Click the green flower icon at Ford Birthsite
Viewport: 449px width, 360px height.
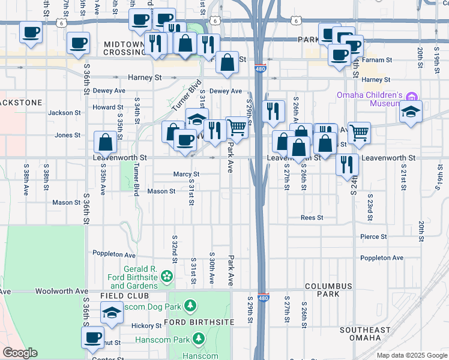(x=167, y=276)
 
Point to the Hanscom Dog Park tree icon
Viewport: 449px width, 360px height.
(x=190, y=307)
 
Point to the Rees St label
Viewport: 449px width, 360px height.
(x=312, y=218)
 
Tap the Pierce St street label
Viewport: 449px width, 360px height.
(x=374, y=236)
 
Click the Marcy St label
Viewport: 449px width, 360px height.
(x=186, y=174)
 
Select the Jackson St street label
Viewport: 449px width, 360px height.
(x=64, y=113)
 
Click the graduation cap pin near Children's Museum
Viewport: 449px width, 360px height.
(x=411, y=112)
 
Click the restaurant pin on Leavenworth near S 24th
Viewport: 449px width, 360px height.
(x=347, y=164)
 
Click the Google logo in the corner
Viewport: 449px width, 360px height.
(x=20, y=353)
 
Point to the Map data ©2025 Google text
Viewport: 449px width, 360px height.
(x=411, y=355)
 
